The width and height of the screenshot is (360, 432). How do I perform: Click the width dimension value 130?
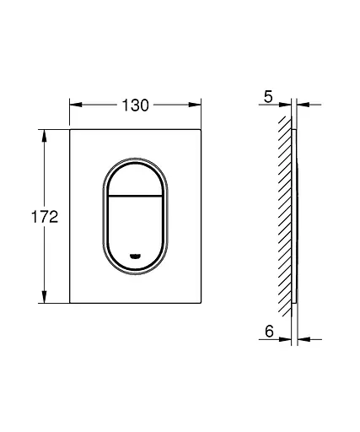click(x=136, y=105)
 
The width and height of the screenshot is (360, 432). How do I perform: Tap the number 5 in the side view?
click(x=268, y=97)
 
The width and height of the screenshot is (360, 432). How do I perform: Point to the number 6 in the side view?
click(x=268, y=332)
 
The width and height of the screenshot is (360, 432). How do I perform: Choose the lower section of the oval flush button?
click(x=136, y=228)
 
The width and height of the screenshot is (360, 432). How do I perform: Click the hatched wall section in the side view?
click(x=285, y=217)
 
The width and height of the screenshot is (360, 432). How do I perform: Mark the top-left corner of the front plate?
click(x=69, y=130)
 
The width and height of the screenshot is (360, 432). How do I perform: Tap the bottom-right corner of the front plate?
click(x=201, y=303)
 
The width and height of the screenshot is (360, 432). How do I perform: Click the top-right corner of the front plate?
click(x=201, y=130)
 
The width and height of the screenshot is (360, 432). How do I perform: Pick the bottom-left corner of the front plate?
click(x=69, y=303)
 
